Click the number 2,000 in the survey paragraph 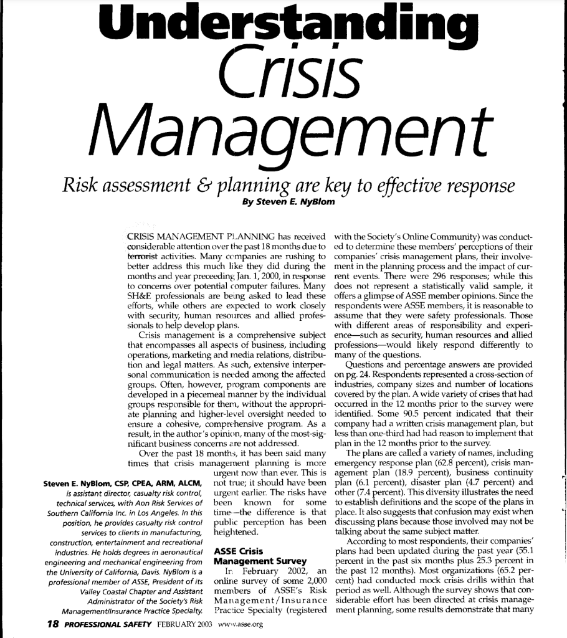pyautogui.click(x=315, y=589)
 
